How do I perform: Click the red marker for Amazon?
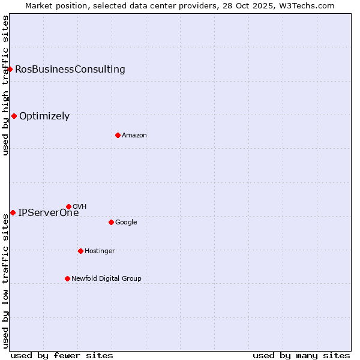pyautogui.click(x=118, y=135)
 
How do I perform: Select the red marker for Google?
pyautogui.click(x=111, y=222)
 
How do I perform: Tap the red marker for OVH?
pyautogui.click(x=68, y=206)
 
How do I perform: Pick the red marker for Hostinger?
pyautogui.click(x=80, y=251)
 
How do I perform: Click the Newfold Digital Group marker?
pyautogui.click(x=67, y=278)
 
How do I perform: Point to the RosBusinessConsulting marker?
pyautogui.click(x=10, y=69)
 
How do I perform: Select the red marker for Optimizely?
pyautogui.click(x=14, y=116)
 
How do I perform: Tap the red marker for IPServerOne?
pyautogui.click(x=13, y=212)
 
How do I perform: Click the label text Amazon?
pyautogui.click(x=134, y=136)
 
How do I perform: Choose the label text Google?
pyautogui.click(x=126, y=223)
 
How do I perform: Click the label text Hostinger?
pyautogui.click(x=100, y=251)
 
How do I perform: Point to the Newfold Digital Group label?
pyautogui.click(x=106, y=278)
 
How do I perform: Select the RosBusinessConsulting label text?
pyautogui.click(x=70, y=69)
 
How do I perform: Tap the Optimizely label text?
pyautogui.click(x=44, y=116)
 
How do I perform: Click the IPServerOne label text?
pyautogui.click(x=48, y=212)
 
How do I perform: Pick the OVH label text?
pyautogui.click(x=79, y=207)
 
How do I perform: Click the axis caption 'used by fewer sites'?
pyautogui.click(x=62, y=355)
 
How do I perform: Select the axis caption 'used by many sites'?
pyautogui.click(x=301, y=355)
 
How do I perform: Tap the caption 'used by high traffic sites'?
pyautogui.click(x=5, y=85)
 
